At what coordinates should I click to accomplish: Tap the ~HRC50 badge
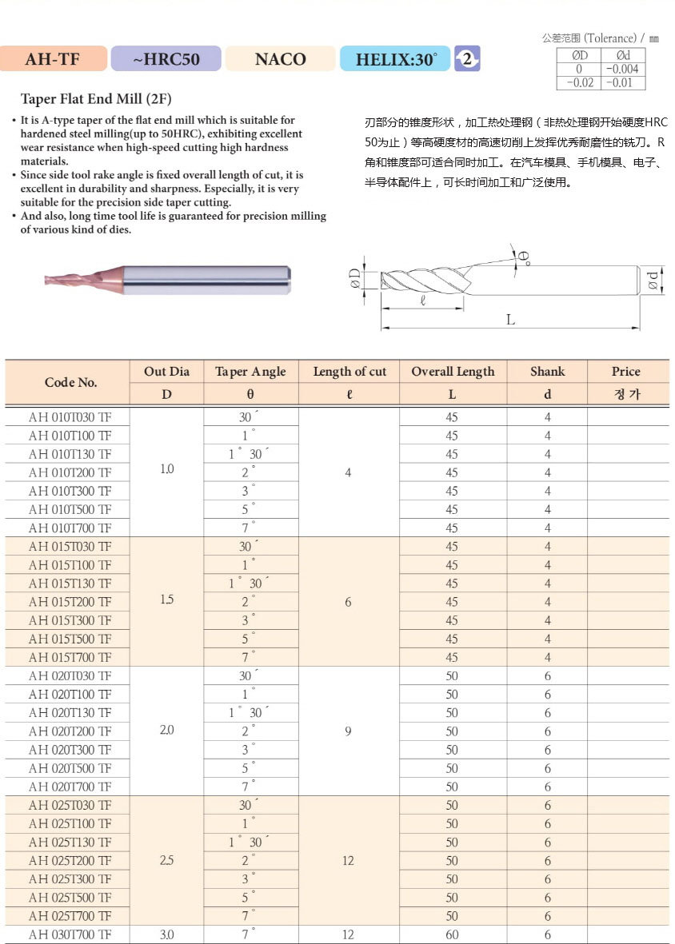[x=166, y=59]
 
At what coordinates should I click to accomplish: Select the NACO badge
[x=280, y=59]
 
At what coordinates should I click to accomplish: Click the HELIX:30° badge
[x=396, y=59]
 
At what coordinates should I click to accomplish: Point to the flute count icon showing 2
[x=467, y=58]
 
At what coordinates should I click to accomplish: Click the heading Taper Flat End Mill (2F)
[x=96, y=99]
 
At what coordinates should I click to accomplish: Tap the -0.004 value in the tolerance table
[x=624, y=69]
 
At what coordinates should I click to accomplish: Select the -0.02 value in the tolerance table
[x=580, y=82]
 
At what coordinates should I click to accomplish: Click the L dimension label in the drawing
[x=510, y=320]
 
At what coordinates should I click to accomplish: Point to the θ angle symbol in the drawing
[x=522, y=257]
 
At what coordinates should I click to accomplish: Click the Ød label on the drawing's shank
[x=653, y=281]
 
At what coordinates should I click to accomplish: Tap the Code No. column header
[x=70, y=382]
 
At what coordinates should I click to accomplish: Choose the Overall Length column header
[x=453, y=372]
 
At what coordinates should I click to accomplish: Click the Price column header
[x=625, y=372]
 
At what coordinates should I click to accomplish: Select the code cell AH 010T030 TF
[x=70, y=417]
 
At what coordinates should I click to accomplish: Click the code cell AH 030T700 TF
[x=70, y=934]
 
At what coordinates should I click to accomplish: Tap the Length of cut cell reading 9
[x=348, y=731]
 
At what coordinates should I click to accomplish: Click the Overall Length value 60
[x=452, y=934]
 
